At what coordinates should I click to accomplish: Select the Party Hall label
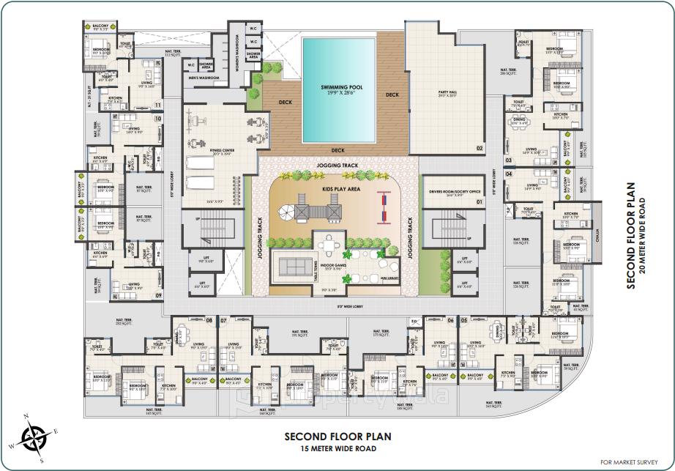[447, 92]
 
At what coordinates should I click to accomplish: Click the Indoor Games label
[333, 265]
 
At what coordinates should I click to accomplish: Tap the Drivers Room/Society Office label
[449, 192]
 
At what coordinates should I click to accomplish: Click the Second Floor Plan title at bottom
[337, 436]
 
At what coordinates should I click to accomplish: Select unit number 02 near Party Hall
[480, 149]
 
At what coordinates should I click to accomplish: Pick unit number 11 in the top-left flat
[158, 105]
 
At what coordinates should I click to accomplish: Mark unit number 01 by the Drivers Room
[480, 201]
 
